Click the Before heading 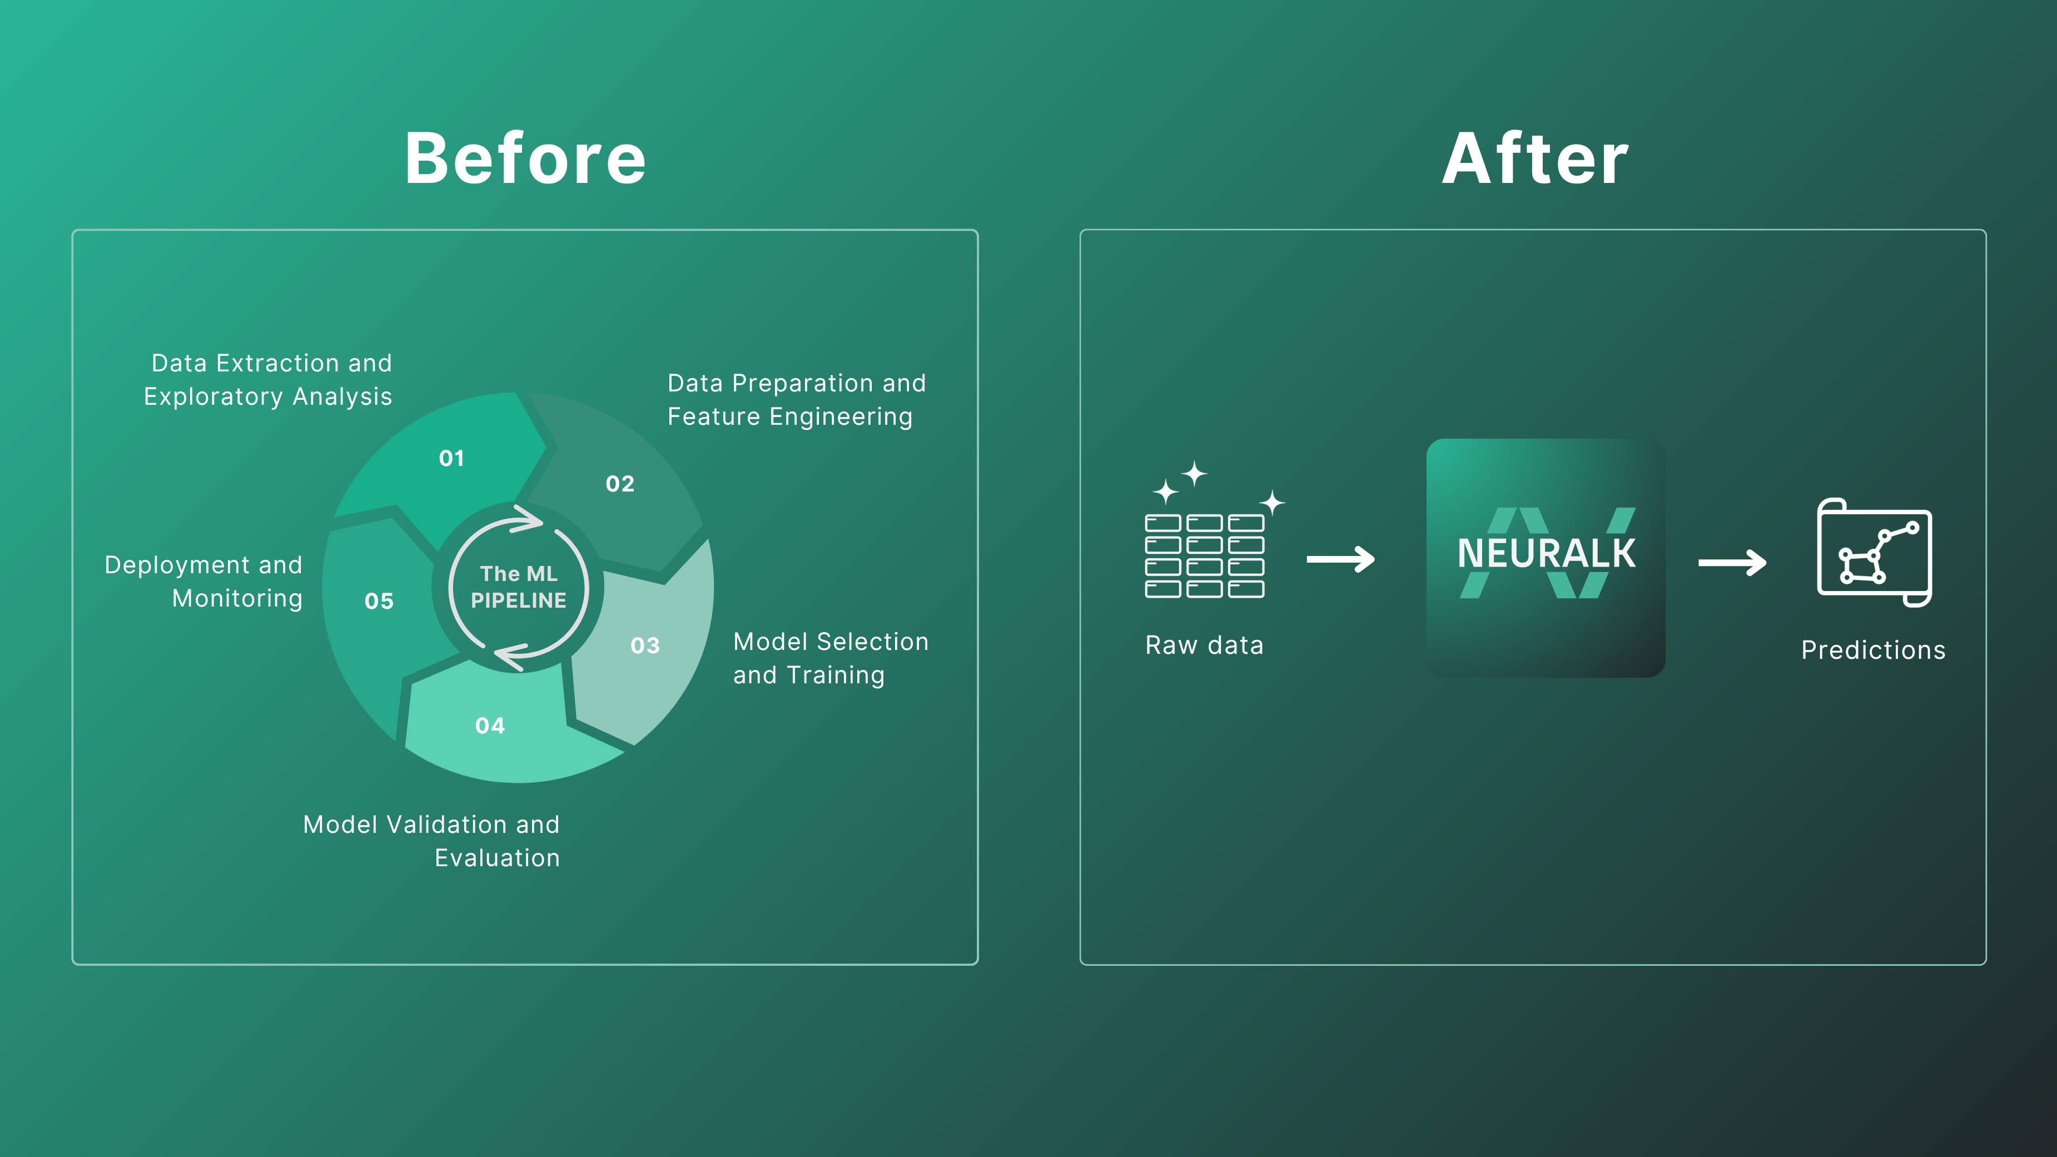coord(525,159)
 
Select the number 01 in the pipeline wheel coord(451,458)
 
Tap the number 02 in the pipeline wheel coord(620,484)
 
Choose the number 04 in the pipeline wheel coord(489,726)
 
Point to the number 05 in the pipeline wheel coord(379,601)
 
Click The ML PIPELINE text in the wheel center coord(518,587)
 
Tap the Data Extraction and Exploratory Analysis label coord(269,380)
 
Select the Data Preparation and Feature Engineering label coord(796,400)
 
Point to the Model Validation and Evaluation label coord(431,841)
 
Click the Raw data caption coord(1204,645)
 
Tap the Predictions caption coord(1872,650)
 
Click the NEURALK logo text coord(1546,553)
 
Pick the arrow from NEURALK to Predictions coord(1732,562)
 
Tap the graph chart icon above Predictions coord(1874,553)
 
